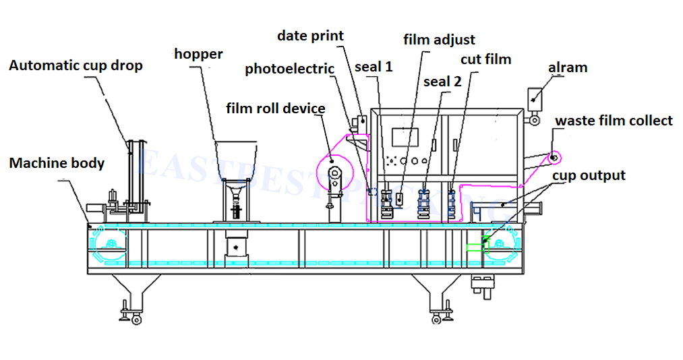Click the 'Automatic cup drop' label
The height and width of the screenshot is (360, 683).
[76, 66]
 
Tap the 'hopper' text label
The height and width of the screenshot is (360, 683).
[198, 54]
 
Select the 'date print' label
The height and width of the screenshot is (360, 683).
[310, 36]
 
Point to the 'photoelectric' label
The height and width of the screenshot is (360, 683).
[289, 69]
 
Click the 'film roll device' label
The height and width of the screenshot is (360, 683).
[276, 108]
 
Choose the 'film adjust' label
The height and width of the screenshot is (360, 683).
[439, 40]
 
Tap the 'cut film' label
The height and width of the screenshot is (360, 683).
[485, 59]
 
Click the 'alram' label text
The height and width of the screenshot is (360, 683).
[568, 67]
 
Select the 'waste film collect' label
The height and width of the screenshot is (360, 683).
[614, 121]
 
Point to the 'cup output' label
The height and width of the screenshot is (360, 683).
[589, 175]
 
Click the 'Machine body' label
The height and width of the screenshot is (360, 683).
[57, 162]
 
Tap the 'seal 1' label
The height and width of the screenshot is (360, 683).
[374, 67]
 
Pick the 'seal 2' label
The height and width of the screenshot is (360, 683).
[442, 82]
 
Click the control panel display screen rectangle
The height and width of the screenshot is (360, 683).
[411, 138]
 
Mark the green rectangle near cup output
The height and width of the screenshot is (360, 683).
[476, 247]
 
